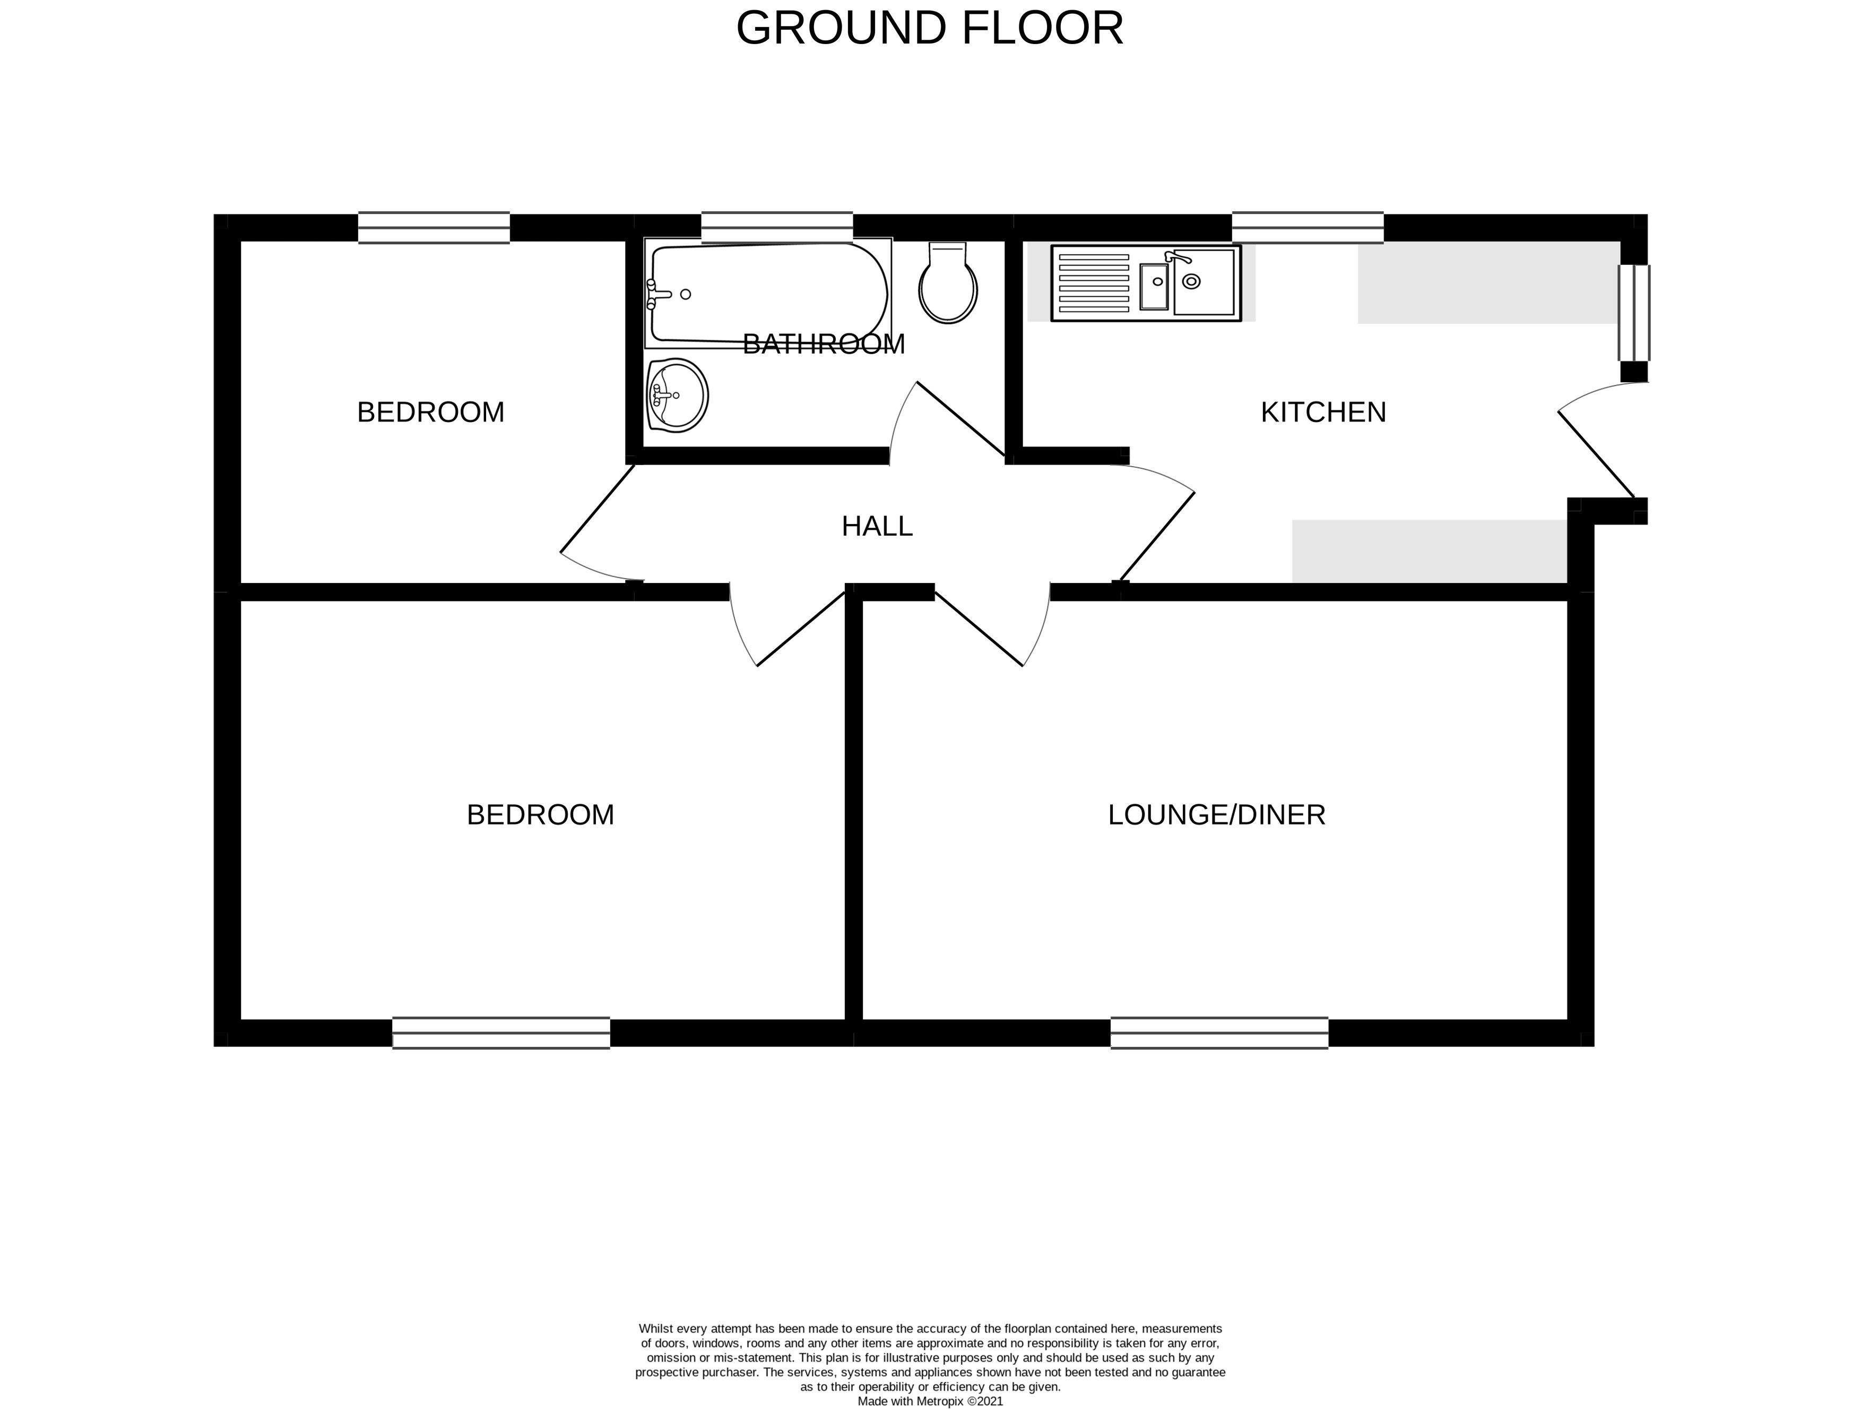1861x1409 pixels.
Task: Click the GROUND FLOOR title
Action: (x=930, y=29)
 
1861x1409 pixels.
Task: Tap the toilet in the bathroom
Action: (x=948, y=283)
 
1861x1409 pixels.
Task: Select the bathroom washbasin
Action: (x=677, y=396)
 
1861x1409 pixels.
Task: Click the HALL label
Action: (x=877, y=526)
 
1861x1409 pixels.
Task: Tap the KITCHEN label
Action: (x=1323, y=413)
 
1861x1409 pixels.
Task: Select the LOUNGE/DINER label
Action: (x=1217, y=815)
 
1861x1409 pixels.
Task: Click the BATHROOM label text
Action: (x=824, y=344)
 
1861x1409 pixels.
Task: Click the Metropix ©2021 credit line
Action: (x=930, y=1402)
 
